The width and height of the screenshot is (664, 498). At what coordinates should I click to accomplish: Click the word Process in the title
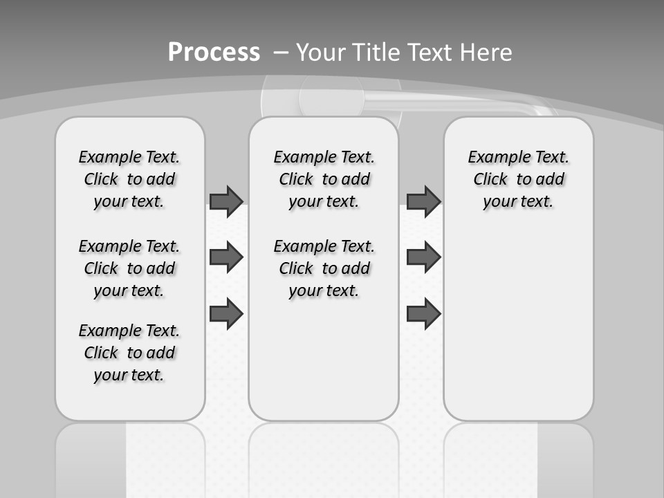(214, 52)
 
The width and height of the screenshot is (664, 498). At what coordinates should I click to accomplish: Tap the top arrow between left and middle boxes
(226, 201)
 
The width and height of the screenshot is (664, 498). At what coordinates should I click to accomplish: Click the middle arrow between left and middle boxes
(226, 257)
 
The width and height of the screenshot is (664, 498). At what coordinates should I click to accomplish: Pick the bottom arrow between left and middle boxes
(226, 313)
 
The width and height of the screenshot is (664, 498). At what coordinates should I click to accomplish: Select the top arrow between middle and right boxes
(423, 201)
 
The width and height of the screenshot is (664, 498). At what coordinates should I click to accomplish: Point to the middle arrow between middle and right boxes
(423, 257)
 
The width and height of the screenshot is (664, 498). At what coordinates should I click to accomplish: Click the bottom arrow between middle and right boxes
(423, 313)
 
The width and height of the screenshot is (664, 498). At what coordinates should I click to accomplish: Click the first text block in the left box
(129, 179)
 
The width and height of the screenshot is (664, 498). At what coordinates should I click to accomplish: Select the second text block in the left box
(129, 268)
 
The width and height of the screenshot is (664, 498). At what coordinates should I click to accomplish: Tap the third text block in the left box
(129, 353)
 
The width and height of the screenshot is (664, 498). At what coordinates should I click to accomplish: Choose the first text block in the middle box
(324, 179)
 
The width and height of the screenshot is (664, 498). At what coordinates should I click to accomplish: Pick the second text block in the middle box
(324, 268)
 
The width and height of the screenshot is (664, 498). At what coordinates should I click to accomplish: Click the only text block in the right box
(519, 179)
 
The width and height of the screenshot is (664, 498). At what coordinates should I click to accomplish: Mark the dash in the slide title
(281, 52)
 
